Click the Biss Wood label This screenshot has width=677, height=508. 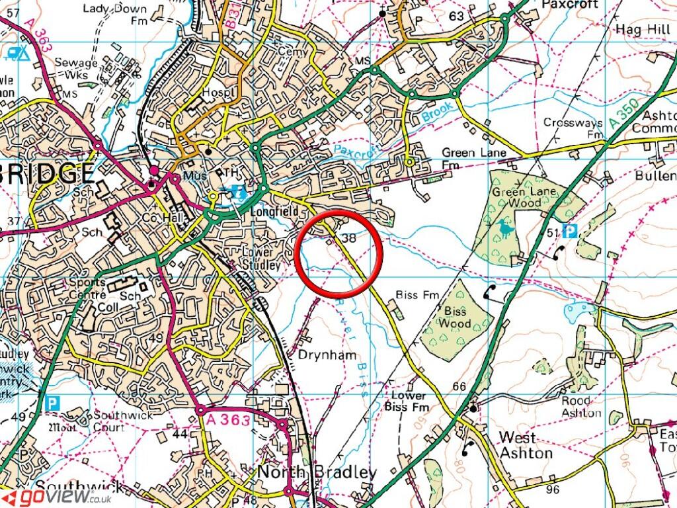(457, 317)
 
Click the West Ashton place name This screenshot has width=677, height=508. (526, 444)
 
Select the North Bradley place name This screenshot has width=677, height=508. (317, 472)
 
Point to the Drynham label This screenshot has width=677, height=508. (323, 356)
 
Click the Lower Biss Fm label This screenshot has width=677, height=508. (405, 401)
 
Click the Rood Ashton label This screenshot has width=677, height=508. (581, 407)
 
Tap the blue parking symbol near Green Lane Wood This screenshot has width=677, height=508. (569, 231)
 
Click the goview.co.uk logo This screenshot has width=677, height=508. (56, 497)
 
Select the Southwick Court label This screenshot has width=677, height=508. (122, 421)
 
